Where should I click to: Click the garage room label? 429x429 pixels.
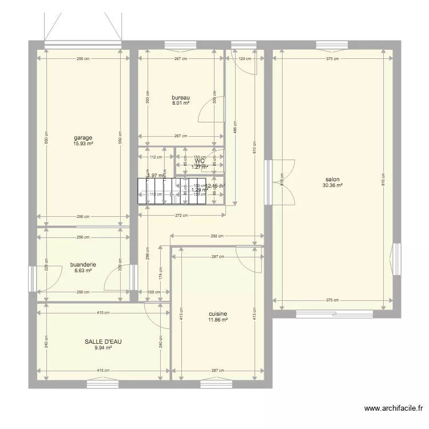[82, 137]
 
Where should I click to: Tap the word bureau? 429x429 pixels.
[180, 97]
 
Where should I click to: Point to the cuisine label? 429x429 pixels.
[218, 313]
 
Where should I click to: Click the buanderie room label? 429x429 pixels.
[82, 264]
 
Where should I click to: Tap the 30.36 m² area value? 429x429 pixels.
[332, 185]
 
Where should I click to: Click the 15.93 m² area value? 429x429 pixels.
[82, 144]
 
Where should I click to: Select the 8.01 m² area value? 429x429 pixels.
[180, 104]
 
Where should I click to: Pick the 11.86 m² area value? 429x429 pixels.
[218, 320]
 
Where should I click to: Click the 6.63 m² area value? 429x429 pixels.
[82, 271]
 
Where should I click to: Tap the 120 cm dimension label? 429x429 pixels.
[245, 58]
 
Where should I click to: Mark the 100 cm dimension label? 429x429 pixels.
[154, 292]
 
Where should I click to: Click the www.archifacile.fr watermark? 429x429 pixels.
[394, 408]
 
